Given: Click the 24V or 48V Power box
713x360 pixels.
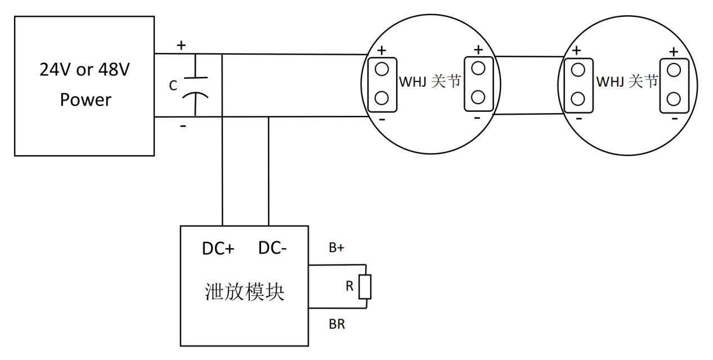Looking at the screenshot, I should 84,85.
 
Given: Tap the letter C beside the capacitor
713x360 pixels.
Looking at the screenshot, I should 173,85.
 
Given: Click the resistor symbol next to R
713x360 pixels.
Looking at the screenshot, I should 366,287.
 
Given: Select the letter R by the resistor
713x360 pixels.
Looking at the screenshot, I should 349,287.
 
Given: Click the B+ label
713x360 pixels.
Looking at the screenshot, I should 337,247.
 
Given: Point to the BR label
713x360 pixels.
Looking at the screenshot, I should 337,325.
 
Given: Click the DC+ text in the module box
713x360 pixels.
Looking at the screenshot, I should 218,248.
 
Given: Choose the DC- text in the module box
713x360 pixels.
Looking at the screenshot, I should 273,248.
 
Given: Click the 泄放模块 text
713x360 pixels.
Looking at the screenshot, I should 244,292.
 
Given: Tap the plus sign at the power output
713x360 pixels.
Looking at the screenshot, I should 181,46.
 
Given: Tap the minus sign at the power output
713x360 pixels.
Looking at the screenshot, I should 183,126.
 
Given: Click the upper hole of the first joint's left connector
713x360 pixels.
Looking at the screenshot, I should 382,69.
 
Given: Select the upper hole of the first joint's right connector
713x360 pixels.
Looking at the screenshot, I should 478,68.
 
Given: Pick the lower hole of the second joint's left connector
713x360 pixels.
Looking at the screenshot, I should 577,99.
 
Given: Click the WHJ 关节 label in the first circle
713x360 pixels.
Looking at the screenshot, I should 429,82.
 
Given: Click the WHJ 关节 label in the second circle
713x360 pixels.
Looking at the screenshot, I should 626,82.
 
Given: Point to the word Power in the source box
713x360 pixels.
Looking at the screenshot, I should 86,100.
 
